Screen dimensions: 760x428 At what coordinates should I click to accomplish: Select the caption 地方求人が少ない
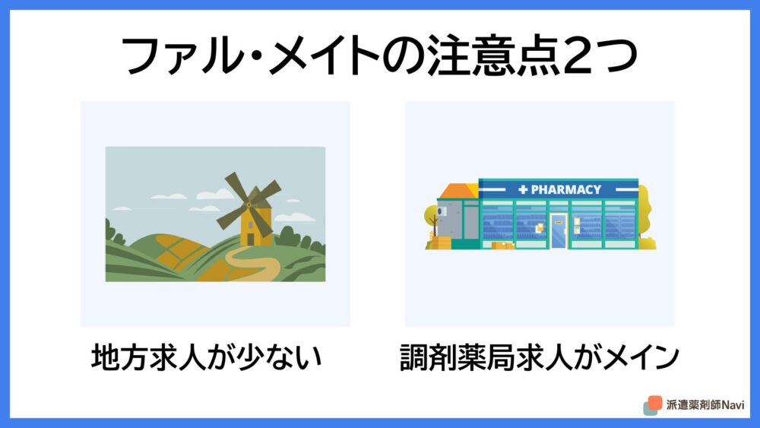(207, 357)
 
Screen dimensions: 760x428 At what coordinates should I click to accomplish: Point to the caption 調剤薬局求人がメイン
(539, 357)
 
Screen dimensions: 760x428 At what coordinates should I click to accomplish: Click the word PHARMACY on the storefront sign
(566, 189)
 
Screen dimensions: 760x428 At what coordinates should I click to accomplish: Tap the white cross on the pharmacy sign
(523, 189)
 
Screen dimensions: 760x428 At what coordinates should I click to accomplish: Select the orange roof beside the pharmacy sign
(458, 191)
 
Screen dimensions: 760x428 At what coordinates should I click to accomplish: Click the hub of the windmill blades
(249, 205)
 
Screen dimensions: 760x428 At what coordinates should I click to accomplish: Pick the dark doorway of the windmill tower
(251, 239)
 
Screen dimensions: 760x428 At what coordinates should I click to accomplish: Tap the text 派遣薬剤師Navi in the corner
(705, 404)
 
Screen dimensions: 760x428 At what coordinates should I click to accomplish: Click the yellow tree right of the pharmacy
(646, 218)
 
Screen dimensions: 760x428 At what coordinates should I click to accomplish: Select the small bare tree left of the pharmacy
(432, 222)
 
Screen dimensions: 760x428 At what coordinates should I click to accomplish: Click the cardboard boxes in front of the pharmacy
(502, 246)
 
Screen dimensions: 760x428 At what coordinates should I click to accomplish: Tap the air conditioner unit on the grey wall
(442, 211)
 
